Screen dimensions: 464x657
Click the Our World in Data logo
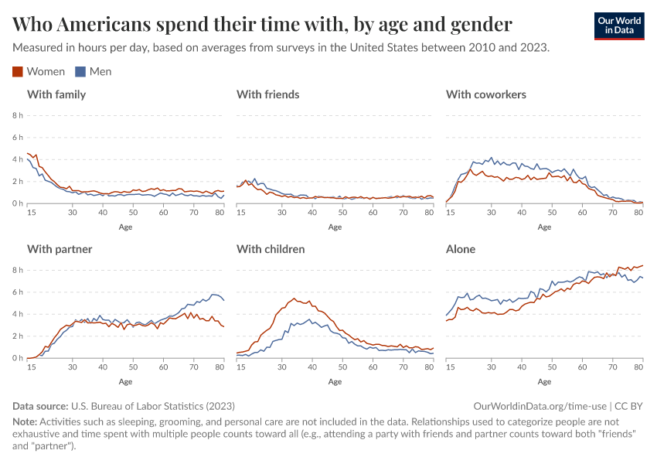point(619,26)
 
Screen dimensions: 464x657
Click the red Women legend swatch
point(18,72)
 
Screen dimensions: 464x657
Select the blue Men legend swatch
point(80,72)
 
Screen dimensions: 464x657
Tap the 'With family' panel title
point(56,94)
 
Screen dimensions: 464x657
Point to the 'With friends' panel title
point(267,94)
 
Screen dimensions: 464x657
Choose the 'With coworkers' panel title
point(486,94)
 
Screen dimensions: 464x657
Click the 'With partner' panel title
point(60,249)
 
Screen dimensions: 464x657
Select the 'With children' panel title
point(271,249)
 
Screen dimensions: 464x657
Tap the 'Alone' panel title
point(461,249)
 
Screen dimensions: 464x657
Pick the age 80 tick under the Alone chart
point(638,367)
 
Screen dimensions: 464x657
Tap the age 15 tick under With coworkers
point(451,212)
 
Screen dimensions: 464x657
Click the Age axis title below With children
point(335,381)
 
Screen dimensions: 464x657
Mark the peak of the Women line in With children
point(294,298)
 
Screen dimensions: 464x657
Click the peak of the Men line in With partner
point(214,294)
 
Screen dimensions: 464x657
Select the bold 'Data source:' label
point(40,406)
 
